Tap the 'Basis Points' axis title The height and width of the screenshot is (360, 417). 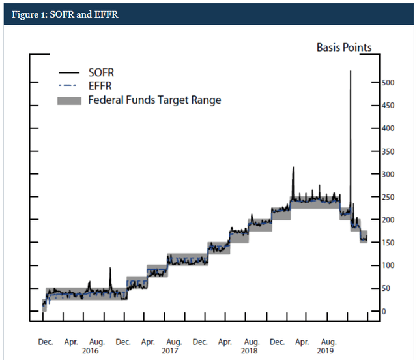(344, 47)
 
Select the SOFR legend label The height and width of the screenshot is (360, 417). (101, 72)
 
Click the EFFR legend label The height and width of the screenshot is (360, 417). (100, 85)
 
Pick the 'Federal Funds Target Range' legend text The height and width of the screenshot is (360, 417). (154, 100)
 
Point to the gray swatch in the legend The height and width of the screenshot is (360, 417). (69, 100)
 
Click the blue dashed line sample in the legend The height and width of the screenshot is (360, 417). (69, 86)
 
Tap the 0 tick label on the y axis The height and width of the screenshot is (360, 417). (384, 311)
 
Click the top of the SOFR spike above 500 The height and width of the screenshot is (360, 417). (351, 72)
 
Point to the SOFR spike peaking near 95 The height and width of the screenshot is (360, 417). (109, 269)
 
